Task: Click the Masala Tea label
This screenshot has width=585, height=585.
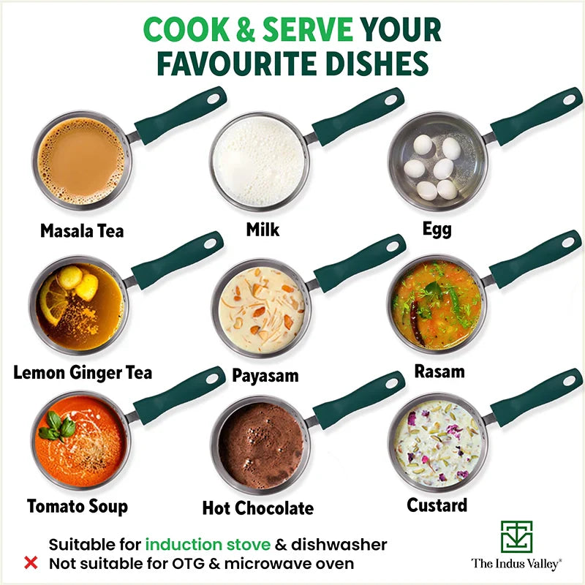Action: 82,231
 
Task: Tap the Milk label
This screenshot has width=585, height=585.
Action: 263,230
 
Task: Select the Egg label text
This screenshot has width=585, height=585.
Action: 437,229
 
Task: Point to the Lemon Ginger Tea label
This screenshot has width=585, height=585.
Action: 83,372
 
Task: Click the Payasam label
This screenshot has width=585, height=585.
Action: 265,376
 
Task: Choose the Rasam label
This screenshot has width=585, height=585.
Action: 439,371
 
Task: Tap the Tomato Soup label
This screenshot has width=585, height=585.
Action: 78,506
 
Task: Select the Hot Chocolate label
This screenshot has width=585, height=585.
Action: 257,507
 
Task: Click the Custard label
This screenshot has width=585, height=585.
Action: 437,505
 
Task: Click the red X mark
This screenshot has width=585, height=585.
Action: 31,563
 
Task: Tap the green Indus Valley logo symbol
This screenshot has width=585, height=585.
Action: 516,537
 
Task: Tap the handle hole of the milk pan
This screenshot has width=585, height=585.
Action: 390,99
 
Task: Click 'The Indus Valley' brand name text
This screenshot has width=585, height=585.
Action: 516,564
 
